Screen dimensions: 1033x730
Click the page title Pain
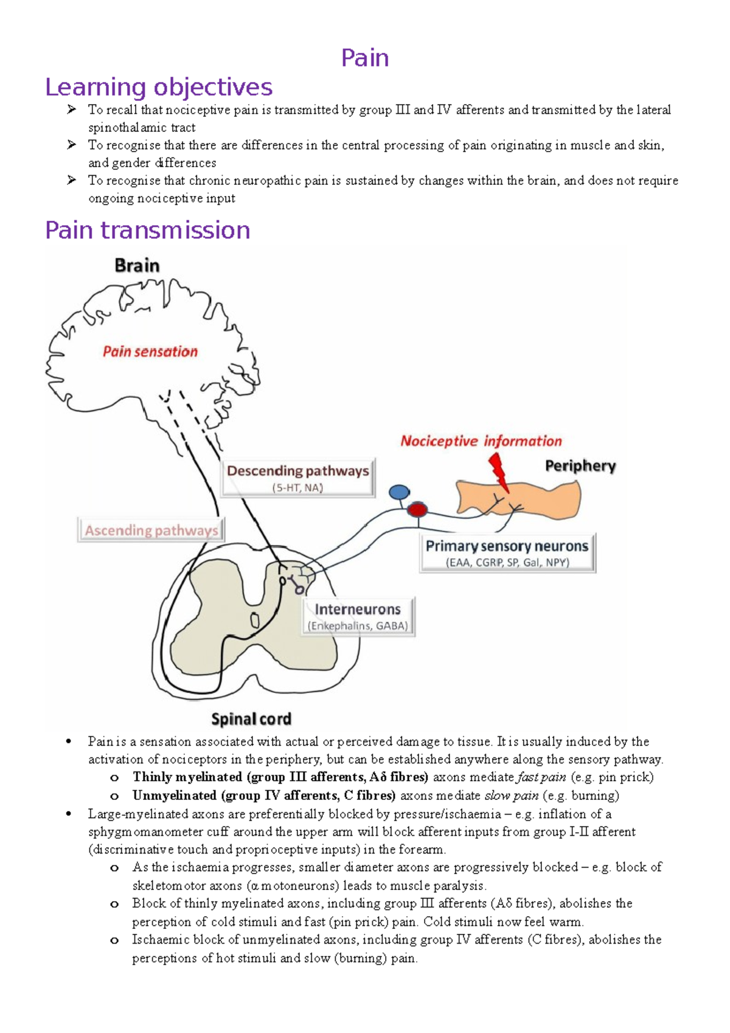pos(364,58)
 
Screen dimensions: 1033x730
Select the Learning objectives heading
pos(158,87)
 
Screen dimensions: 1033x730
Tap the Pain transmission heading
pos(147,231)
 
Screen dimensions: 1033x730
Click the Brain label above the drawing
pos(137,266)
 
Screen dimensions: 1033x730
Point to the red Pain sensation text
pos(150,352)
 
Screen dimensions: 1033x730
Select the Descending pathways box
pos(297,478)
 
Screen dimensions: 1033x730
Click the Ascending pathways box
pos(151,530)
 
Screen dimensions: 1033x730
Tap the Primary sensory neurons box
pos(507,552)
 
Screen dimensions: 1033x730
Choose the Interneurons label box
pos(358,616)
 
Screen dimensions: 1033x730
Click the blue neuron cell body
pos(399,492)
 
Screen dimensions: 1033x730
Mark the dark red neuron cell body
pos(417,509)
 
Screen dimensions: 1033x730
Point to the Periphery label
pos(580,466)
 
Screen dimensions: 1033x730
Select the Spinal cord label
pos(251,719)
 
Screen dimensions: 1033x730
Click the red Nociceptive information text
pos(481,441)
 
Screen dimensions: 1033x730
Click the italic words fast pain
pos(541,777)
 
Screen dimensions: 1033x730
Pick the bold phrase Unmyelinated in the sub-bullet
pos(175,795)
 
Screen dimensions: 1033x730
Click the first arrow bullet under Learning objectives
pos(72,110)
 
